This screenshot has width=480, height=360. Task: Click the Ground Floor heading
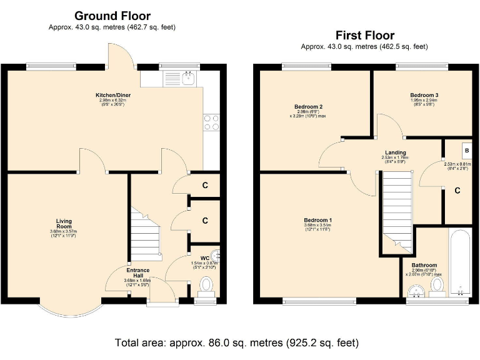click(112, 16)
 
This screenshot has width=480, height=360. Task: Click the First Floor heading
click(364, 35)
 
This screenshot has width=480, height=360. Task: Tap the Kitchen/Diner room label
click(112, 94)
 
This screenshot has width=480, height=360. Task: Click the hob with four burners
click(211, 122)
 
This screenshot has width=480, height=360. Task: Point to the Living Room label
click(64, 222)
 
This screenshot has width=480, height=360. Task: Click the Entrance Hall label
click(137, 272)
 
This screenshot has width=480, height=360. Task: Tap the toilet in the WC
click(206, 286)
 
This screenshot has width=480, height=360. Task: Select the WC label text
click(205, 258)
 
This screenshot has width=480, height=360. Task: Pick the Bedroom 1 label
click(317, 221)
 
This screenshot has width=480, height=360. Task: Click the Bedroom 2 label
click(309, 107)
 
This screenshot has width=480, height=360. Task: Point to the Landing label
click(395, 152)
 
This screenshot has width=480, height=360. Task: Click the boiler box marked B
click(466, 151)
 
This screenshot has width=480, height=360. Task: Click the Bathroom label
click(424, 265)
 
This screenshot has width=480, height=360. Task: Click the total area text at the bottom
click(237, 343)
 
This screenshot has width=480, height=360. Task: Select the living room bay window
click(69, 309)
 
